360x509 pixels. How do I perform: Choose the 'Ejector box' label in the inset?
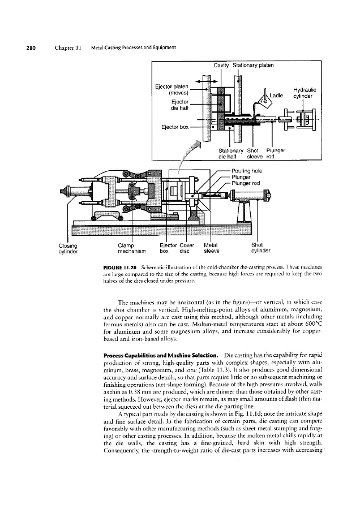coord(174,127)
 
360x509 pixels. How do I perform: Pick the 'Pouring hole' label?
coord(247,170)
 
